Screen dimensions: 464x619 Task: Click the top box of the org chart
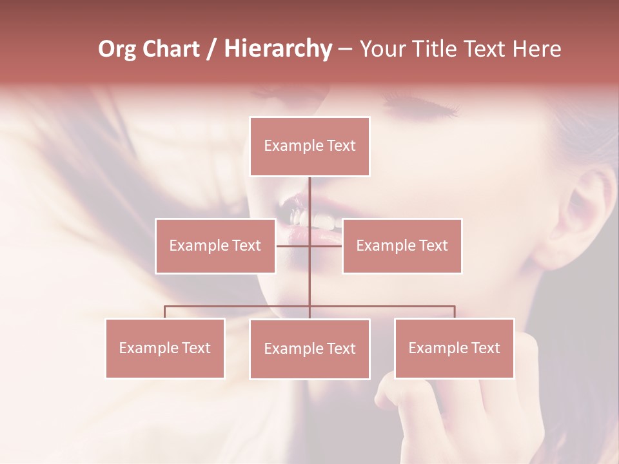(309, 146)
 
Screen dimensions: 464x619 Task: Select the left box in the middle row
(215, 246)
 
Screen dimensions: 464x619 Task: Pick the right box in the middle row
(402, 246)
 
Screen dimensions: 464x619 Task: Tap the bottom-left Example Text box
(165, 348)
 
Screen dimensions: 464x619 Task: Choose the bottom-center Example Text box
(309, 349)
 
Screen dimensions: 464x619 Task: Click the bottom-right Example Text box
(454, 348)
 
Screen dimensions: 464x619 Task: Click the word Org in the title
(117, 49)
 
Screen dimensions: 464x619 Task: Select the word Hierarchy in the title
(277, 49)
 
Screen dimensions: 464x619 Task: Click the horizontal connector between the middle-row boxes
(309, 246)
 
